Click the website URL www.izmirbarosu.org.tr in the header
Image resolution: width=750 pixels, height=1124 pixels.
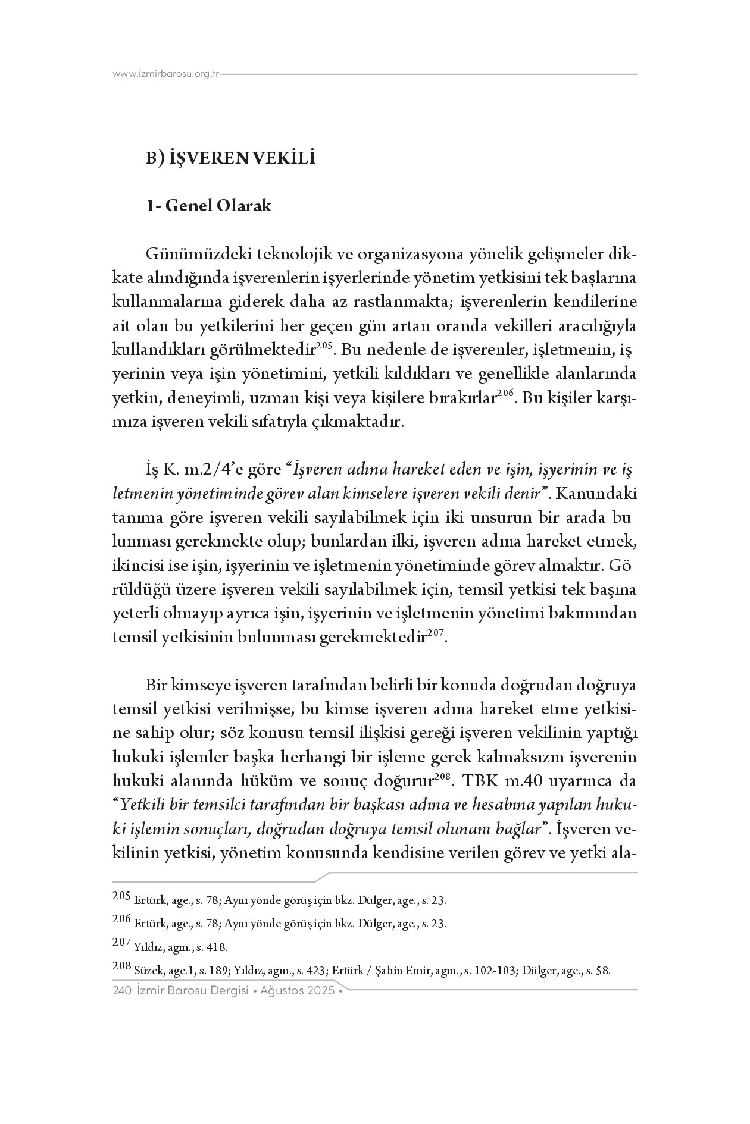[166, 74]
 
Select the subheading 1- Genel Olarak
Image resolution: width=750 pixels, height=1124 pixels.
[209, 206]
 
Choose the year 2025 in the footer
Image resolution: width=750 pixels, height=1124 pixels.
[321, 991]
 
